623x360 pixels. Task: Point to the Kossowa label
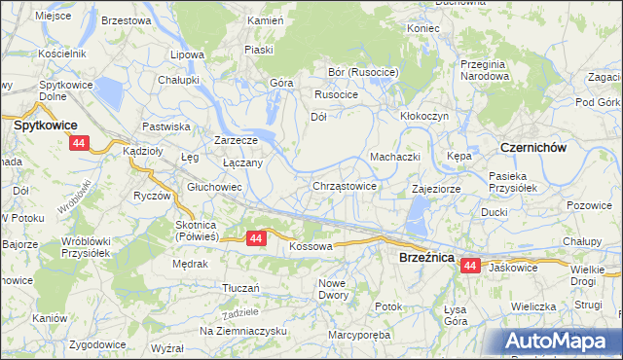(x=311, y=247)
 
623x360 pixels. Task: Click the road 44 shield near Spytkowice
(x=79, y=143)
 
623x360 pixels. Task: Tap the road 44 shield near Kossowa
(x=256, y=237)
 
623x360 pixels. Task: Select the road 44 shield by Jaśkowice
(x=471, y=265)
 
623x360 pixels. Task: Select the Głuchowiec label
(x=214, y=187)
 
